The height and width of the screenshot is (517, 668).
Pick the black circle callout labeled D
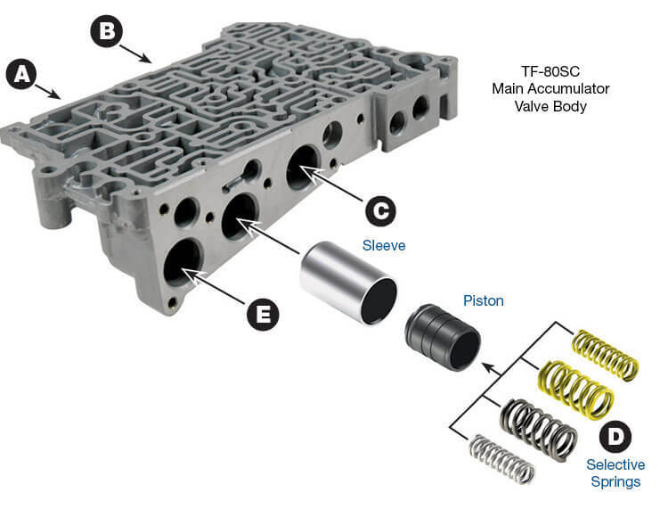pyautogui.click(x=614, y=437)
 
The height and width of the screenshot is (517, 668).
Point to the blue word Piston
pyautogui.click(x=482, y=301)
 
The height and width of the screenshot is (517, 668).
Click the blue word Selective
pyautogui.click(x=615, y=465)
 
